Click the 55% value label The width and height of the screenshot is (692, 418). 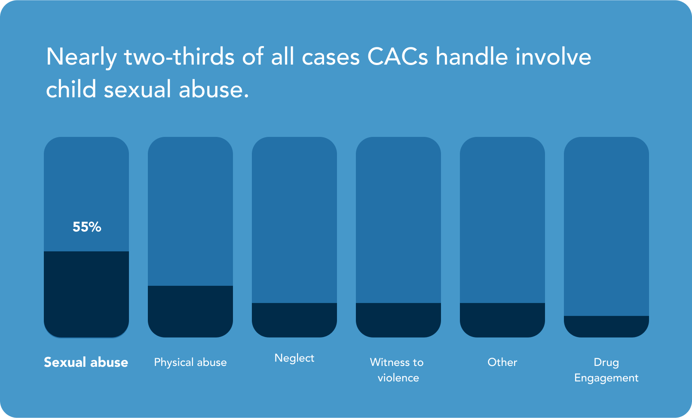[x=87, y=227]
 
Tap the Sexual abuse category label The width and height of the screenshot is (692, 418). [x=86, y=362]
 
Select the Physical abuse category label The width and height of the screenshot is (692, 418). [x=190, y=362]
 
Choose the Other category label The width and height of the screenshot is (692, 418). [x=502, y=362]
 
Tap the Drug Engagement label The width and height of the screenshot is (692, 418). [x=606, y=371]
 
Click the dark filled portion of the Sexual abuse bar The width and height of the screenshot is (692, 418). [x=86, y=294]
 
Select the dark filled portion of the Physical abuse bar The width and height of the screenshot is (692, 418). [x=190, y=312]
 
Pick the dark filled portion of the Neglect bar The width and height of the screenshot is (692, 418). [x=294, y=320]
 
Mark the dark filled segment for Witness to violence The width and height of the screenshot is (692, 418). [x=398, y=320]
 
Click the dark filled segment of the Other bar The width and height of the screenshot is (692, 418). [x=502, y=320]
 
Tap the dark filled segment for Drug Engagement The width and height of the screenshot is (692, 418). [x=606, y=327]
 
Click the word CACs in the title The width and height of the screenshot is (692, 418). [x=398, y=57]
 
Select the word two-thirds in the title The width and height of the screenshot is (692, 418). [x=180, y=57]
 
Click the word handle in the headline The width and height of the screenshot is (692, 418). [x=472, y=56]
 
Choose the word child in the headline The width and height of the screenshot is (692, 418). [x=71, y=89]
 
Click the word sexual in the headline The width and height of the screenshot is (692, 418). [x=138, y=90]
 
